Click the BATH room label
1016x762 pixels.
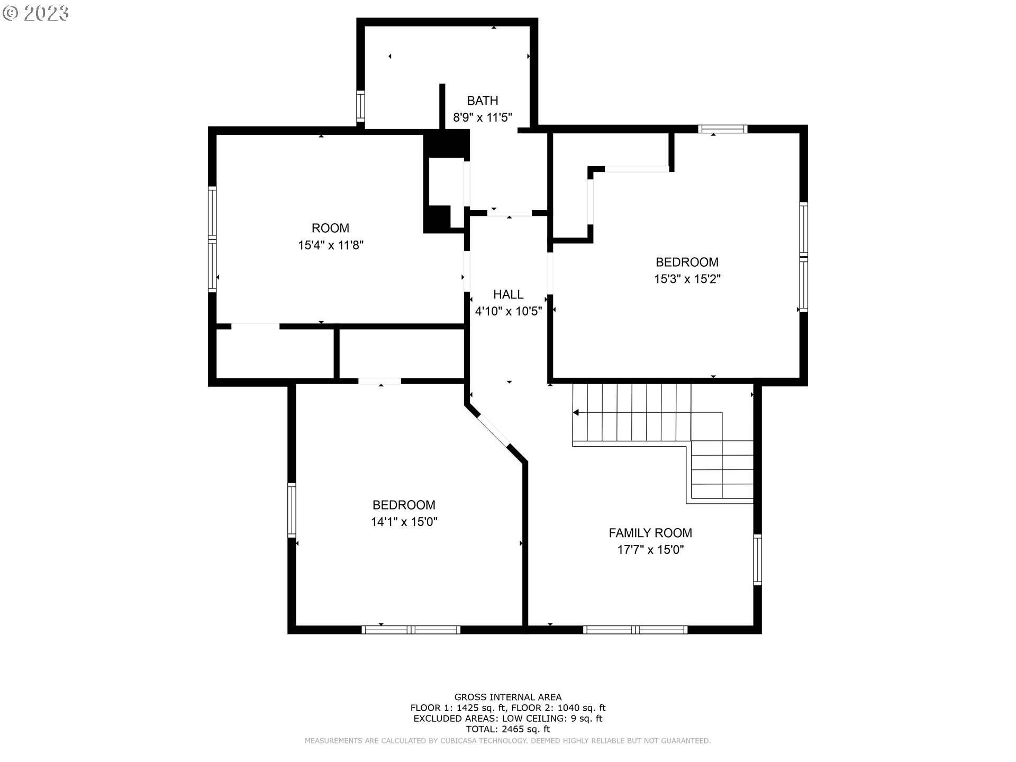pos(483,101)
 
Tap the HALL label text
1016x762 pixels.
pos(509,295)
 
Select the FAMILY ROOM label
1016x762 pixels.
pos(650,533)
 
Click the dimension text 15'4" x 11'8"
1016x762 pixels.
pos(331,246)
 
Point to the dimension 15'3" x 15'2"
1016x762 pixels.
pos(687,279)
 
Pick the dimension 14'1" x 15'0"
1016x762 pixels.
pos(404,522)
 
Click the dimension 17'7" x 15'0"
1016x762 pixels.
pos(650,550)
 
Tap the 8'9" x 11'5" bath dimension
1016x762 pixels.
pos(483,117)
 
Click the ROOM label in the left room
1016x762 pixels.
pos(331,229)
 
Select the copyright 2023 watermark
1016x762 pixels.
pos(36,13)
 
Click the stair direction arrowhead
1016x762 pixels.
pos(576,412)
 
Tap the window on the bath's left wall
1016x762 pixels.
pos(361,106)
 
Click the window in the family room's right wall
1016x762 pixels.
pos(757,560)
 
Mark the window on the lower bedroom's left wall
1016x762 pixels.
pos(292,510)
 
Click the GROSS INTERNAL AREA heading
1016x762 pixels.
pos(508,697)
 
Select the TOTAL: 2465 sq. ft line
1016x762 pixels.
pos(508,729)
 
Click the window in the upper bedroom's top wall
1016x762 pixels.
pos(723,129)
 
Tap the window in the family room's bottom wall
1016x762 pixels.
pos(636,630)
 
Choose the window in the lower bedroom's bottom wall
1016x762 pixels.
pos(411,630)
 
